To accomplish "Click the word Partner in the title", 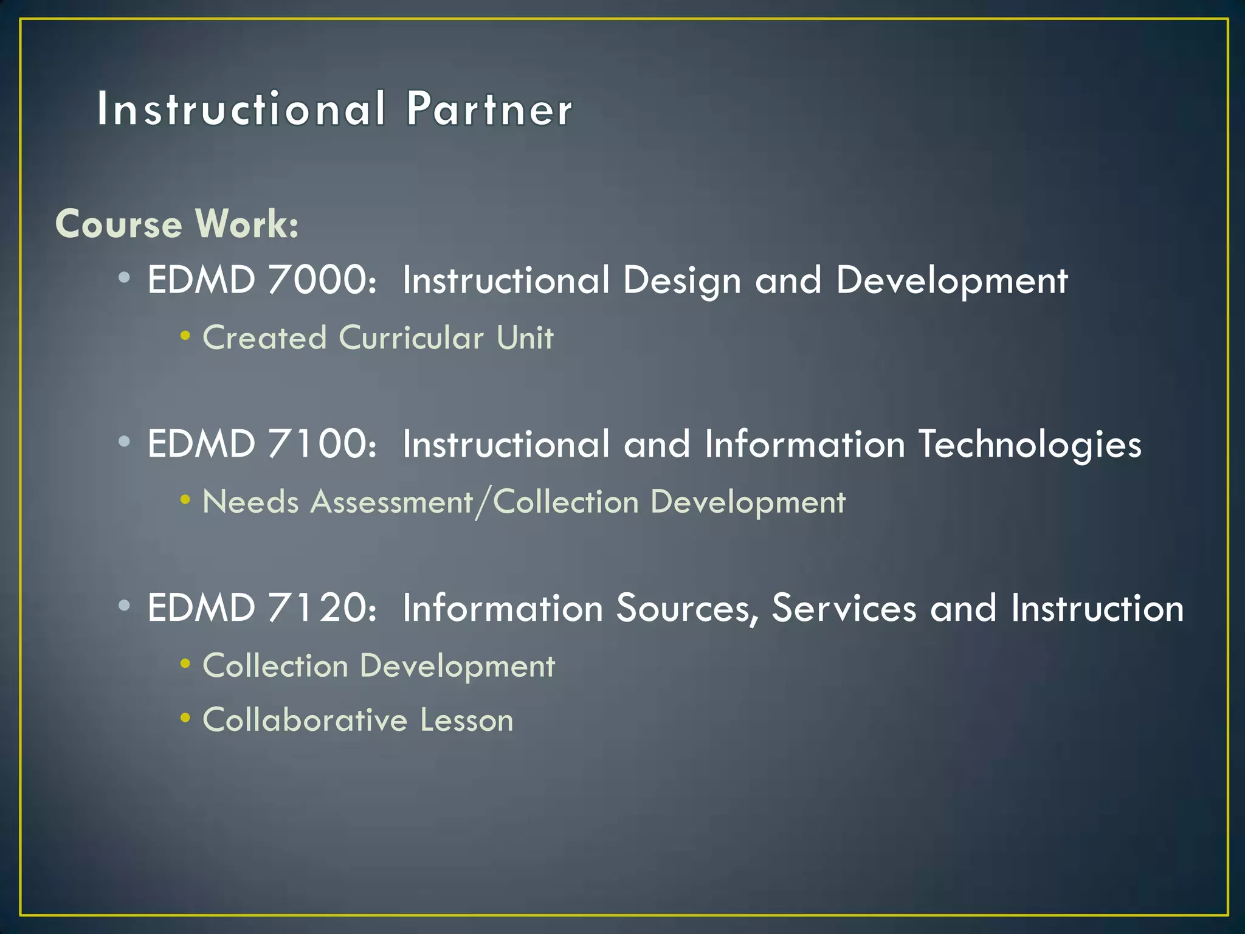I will [489, 109].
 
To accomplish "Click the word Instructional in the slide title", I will [241, 109].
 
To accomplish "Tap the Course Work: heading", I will [177, 224].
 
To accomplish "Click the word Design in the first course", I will [681, 282].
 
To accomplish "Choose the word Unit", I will [525, 337].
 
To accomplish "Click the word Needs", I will [250, 502].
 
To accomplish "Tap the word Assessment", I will [391, 502].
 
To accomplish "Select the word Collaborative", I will [305, 721].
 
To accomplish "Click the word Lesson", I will [467, 721].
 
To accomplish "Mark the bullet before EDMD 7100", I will [124, 442].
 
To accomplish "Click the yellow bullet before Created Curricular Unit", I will [185, 336].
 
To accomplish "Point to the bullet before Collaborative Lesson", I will [185, 718].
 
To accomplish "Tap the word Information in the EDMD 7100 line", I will [805, 444].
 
